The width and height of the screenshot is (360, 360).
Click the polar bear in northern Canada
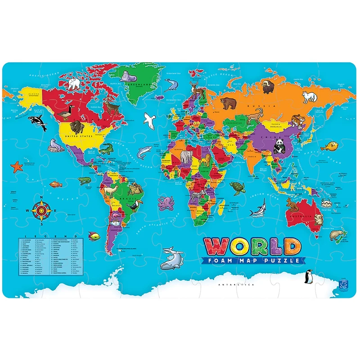click(74, 83)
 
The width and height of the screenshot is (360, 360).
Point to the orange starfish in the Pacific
click(17, 167)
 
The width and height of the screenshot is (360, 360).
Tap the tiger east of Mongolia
click(297, 121)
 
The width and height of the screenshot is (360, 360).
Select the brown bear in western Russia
click(229, 103)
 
